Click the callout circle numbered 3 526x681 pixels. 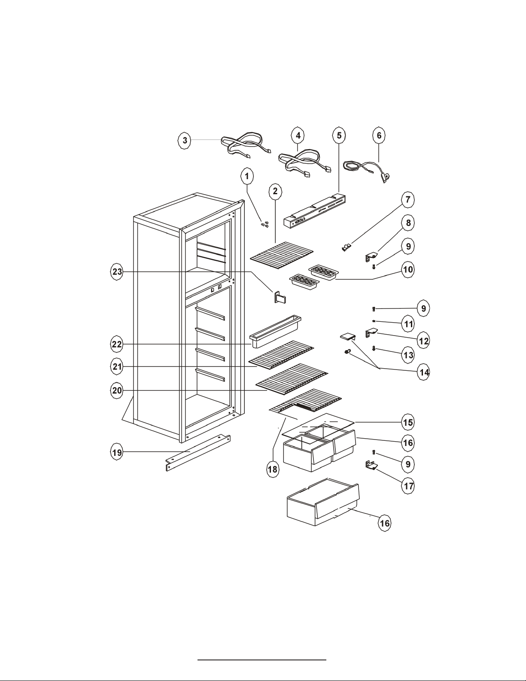pos(185,140)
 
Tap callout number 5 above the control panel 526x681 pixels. pos(339,135)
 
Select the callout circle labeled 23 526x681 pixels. pos(117,272)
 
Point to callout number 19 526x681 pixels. pos(117,452)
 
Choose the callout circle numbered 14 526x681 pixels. pos(424,372)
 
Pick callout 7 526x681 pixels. pos(407,200)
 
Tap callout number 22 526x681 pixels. pos(117,344)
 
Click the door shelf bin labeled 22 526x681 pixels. pos(275,331)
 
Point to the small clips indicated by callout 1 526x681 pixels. pos(265,224)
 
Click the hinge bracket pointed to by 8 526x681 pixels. pos(372,257)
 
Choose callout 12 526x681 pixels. pos(424,340)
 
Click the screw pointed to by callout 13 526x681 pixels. pos(374,348)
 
